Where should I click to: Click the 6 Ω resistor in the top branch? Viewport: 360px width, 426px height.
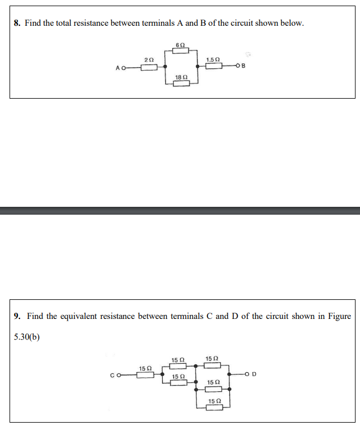point(180,50)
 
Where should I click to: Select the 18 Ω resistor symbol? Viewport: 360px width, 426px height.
point(181,84)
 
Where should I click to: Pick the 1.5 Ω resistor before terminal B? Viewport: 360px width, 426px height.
point(214,67)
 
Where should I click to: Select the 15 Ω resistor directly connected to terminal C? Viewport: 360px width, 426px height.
point(145,375)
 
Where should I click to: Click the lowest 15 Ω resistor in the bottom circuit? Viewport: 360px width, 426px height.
point(214,408)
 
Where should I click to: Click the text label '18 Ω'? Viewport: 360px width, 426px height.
point(181,76)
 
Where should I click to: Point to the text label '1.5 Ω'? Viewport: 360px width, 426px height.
point(213,59)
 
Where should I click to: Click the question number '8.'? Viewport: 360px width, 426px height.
point(17,24)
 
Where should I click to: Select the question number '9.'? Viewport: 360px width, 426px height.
point(17,316)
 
